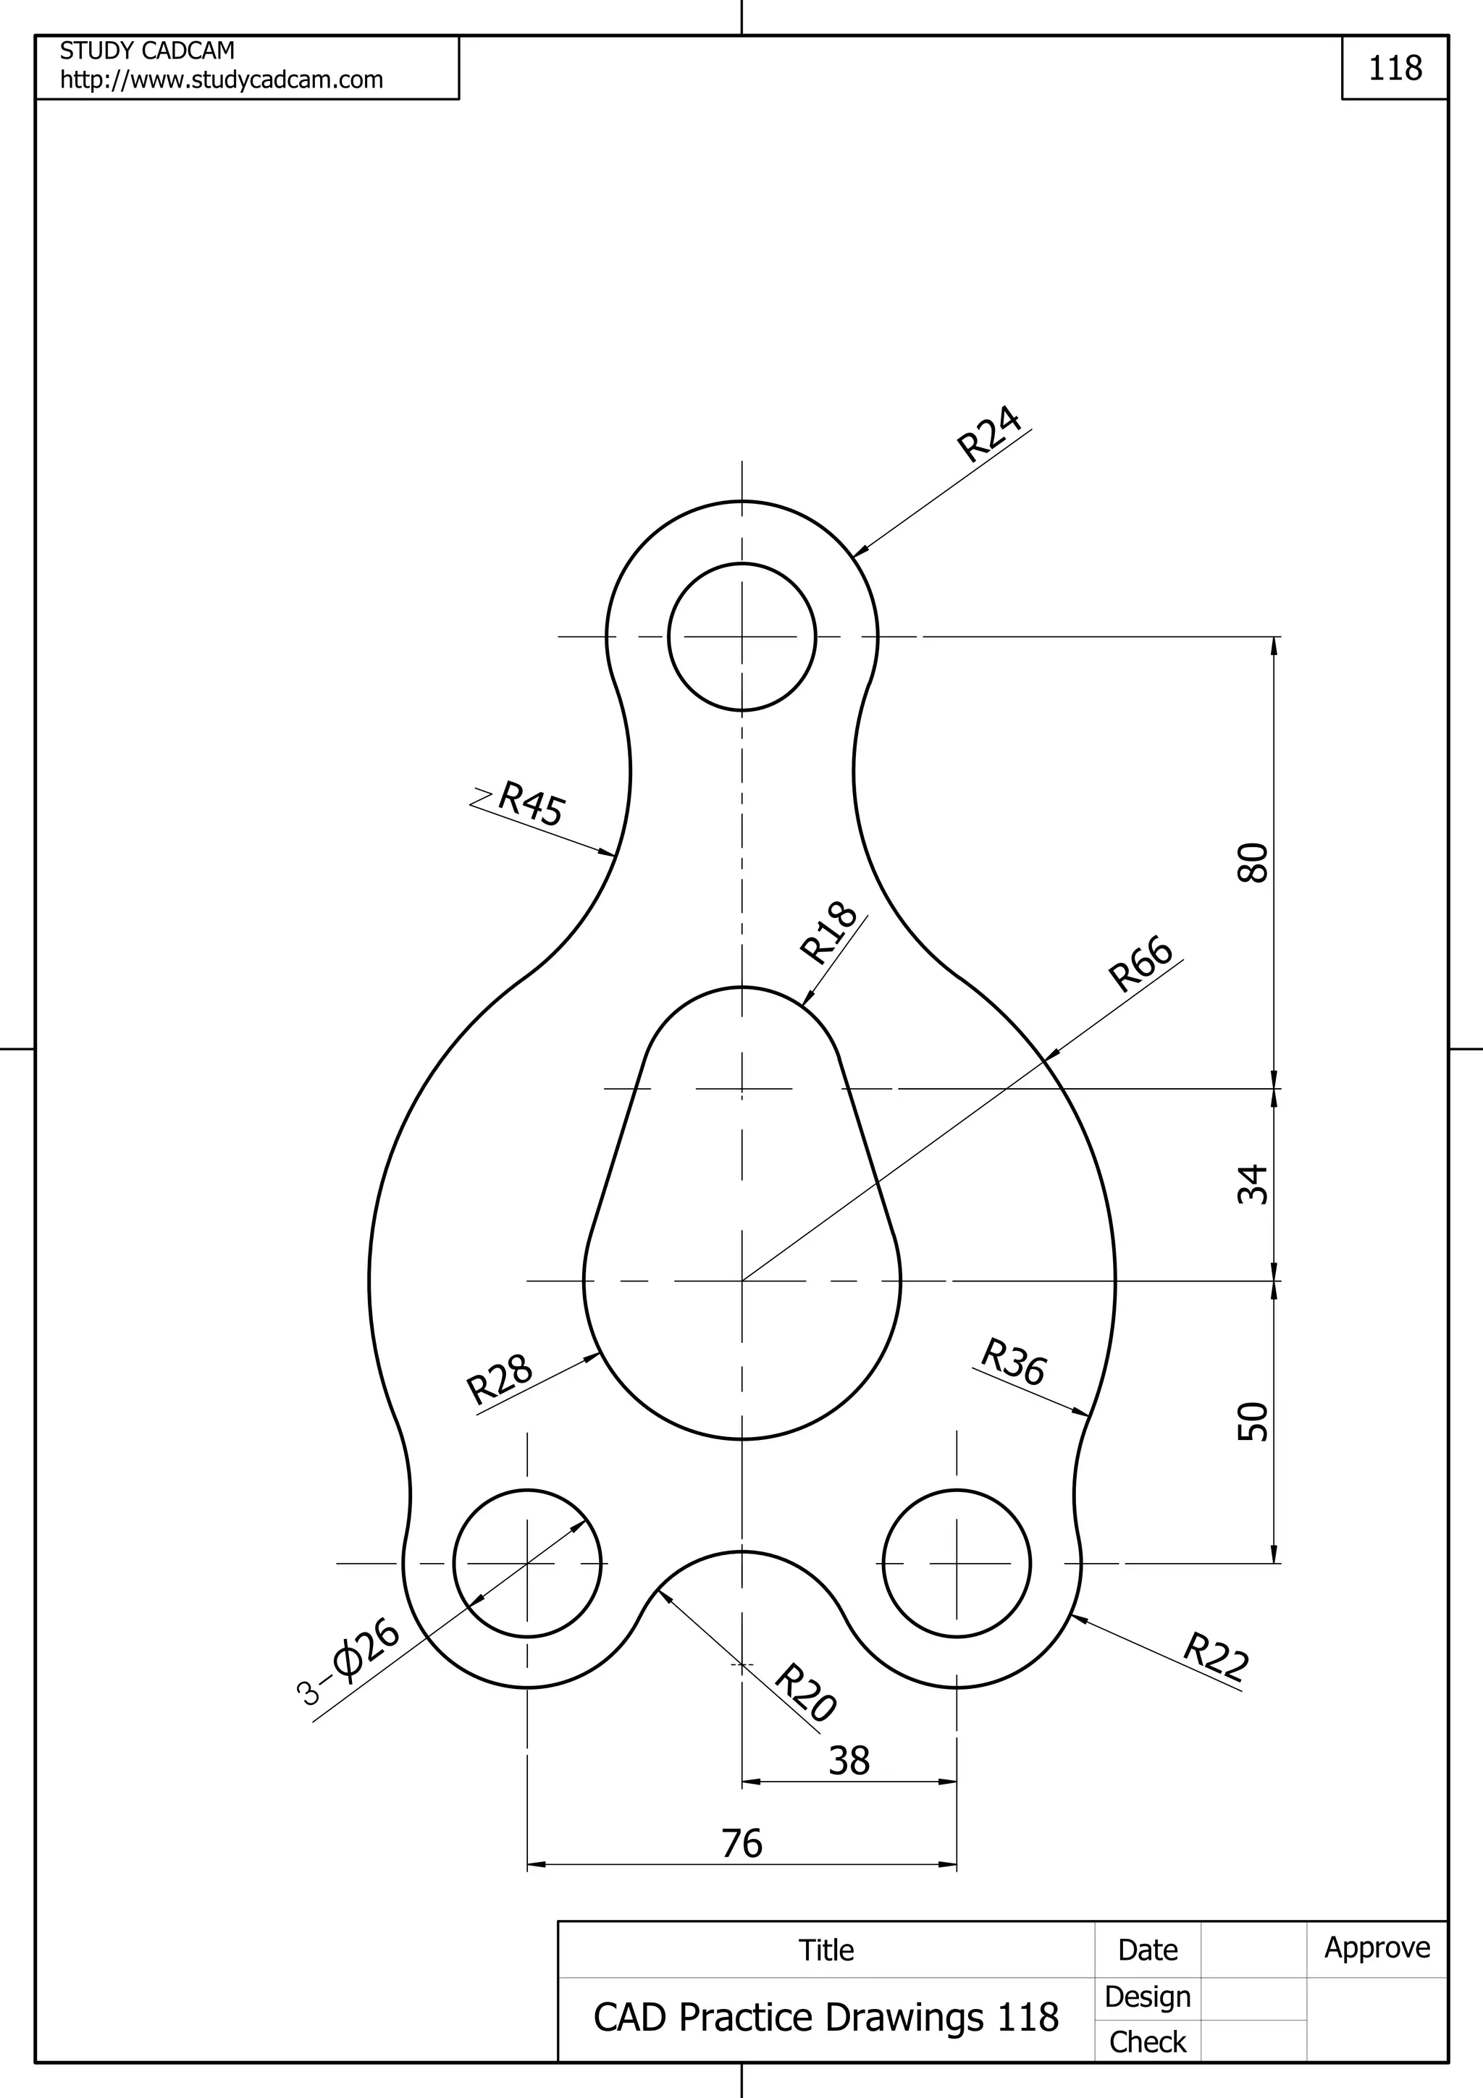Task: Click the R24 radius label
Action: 988,434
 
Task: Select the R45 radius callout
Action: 531,803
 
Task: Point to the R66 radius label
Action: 1140,964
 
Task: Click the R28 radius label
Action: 500,1379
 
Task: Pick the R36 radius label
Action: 1013,1362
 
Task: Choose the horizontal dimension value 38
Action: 849,1761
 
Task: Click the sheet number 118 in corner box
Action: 1395,69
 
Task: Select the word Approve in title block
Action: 1377,1947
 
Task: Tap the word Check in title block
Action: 1147,2042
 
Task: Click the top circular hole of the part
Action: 742,637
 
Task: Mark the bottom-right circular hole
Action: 957,1564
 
